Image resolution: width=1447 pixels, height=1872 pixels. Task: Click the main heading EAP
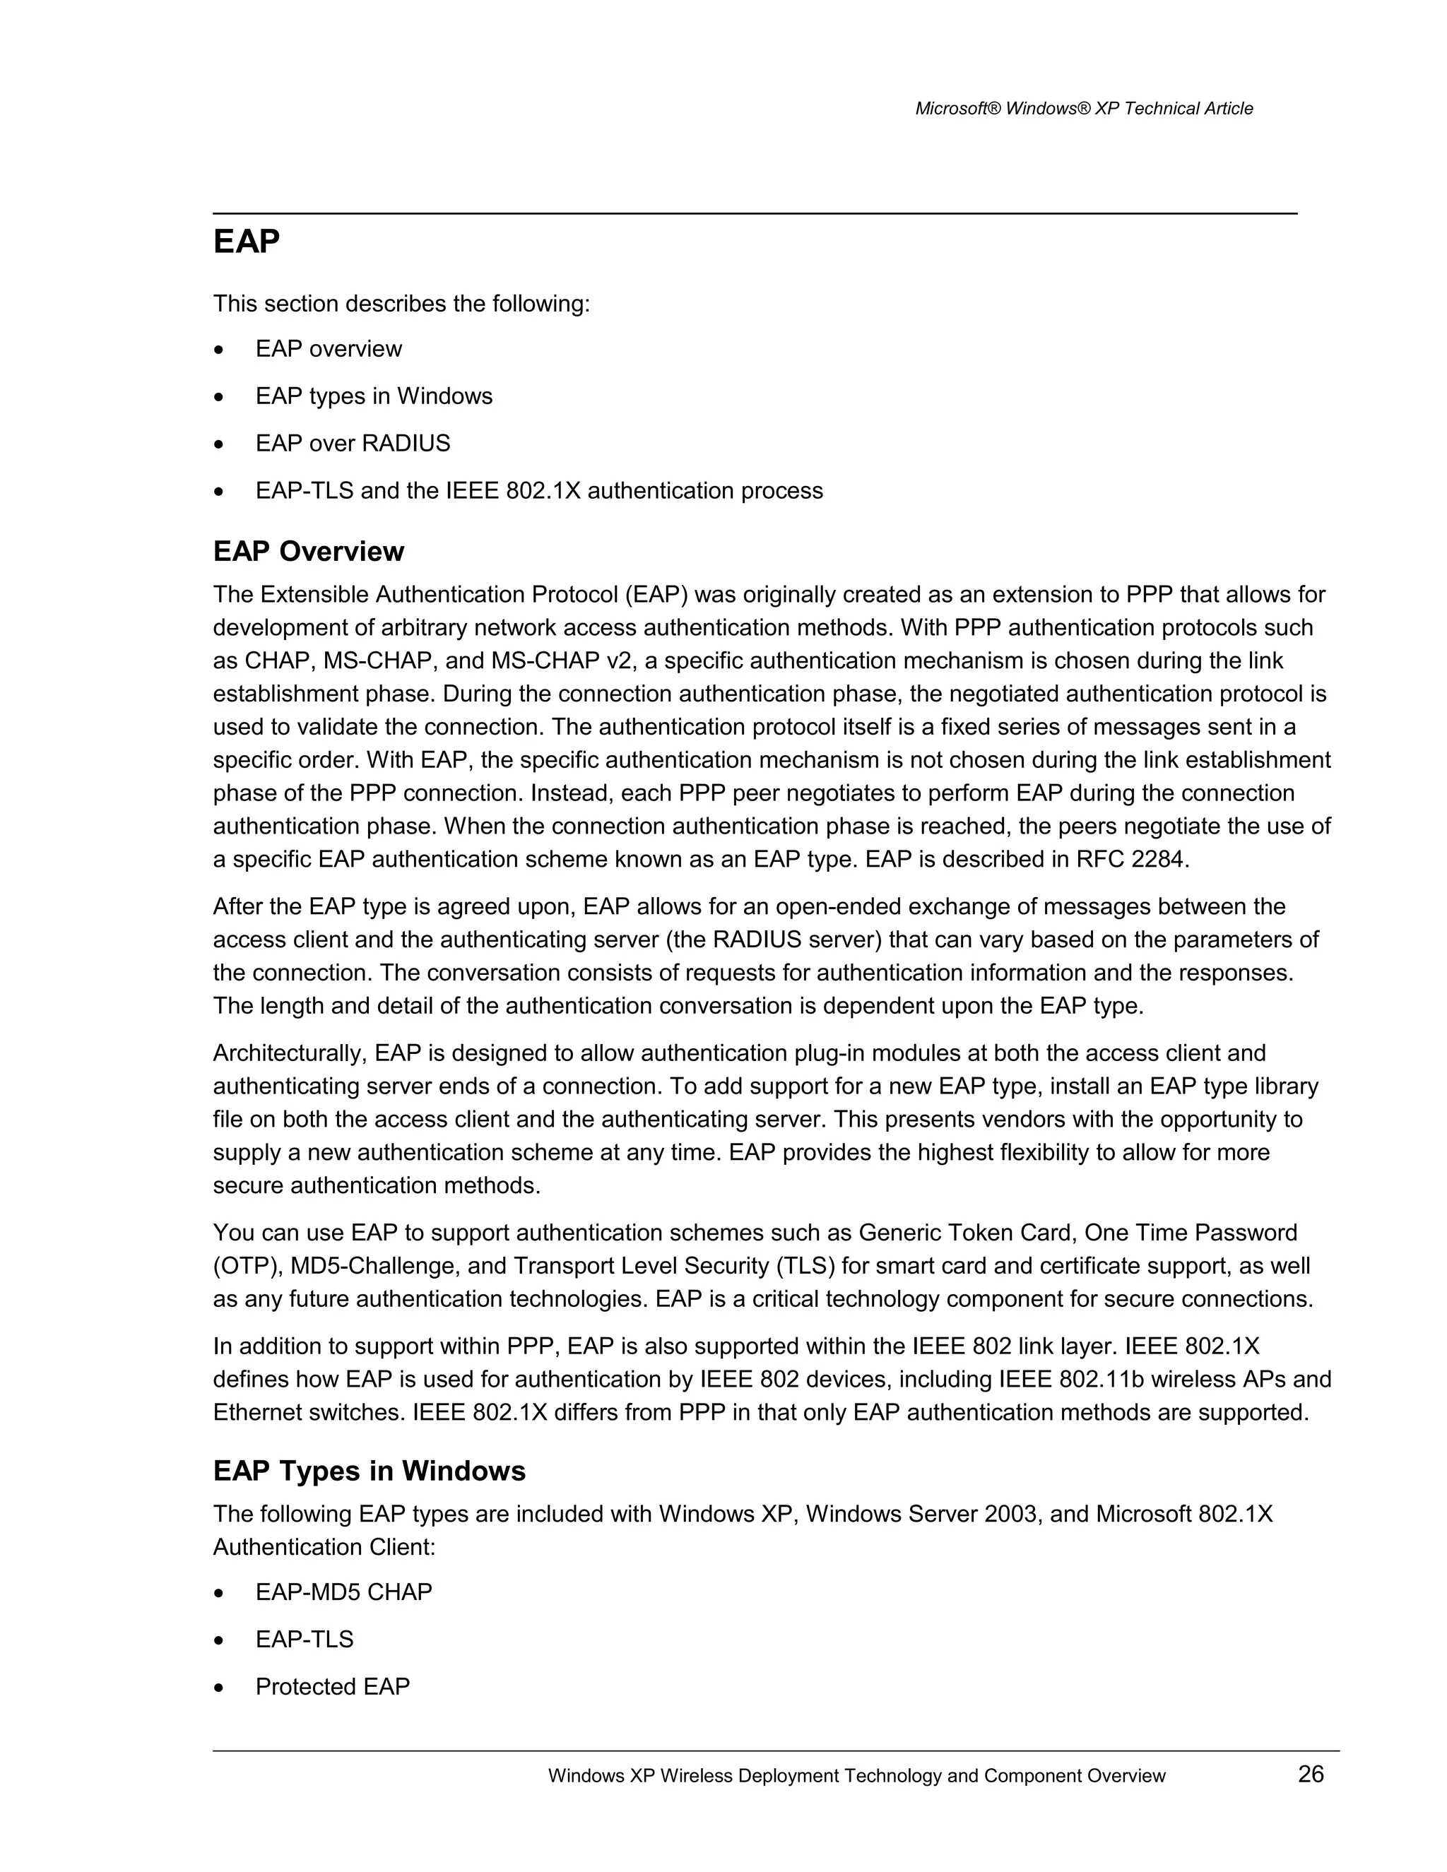point(246,242)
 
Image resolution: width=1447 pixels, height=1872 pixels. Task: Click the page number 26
point(1311,1773)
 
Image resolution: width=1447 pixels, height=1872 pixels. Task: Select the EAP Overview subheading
point(309,551)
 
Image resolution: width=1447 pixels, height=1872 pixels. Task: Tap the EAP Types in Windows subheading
point(370,1471)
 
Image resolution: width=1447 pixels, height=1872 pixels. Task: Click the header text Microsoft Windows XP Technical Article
point(1084,109)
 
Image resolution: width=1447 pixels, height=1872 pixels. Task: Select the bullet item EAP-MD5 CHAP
point(344,1592)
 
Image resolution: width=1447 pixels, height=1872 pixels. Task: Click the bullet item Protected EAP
point(333,1686)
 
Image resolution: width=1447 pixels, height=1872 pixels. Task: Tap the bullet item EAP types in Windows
point(374,396)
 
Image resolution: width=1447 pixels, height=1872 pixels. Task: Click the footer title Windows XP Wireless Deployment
point(856,1776)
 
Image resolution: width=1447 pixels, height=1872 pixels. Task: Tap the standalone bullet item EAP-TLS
point(305,1639)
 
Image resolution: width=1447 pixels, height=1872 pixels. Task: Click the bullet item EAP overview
point(329,349)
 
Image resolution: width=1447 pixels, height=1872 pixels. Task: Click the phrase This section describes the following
point(401,304)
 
